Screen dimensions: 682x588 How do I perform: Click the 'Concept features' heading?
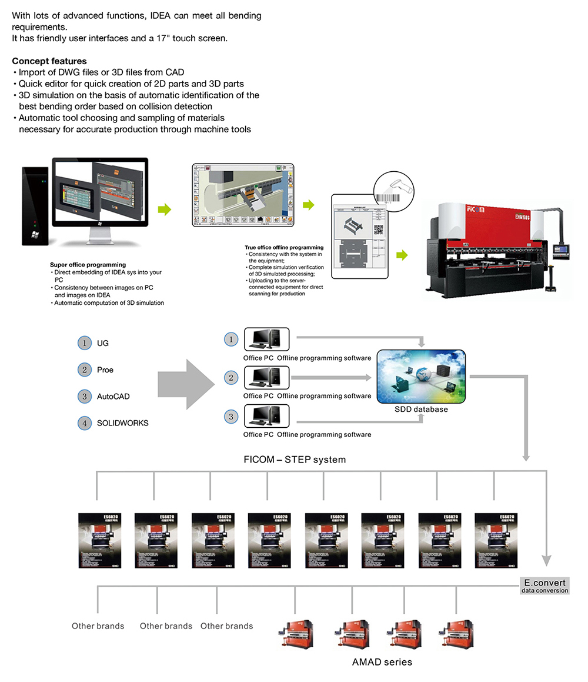click(x=49, y=61)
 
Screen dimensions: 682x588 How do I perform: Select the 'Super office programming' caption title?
click(x=88, y=265)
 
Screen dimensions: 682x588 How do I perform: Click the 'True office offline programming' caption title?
click(x=284, y=248)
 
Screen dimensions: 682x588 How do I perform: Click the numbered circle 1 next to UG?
click(x=85, y=343)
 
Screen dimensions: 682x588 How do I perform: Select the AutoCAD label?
click(x=113, y=397)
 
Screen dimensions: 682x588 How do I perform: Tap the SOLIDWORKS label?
click(x=123, y=423)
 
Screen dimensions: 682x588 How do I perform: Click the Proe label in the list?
click(x=105, y=370)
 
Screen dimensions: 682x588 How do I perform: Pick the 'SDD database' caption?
click(x=421, y=409)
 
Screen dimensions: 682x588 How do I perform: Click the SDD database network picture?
click(x=421, y=377)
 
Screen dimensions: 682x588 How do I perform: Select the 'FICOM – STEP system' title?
click(x=295, y=460)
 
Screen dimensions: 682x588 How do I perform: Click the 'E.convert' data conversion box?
click(x=544, y=585)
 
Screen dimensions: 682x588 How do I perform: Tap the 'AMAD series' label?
click(x=382, y=662)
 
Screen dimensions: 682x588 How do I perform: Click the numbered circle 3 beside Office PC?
click(x=232, y=417)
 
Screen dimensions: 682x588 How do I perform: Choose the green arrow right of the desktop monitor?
click(x=165, y=209)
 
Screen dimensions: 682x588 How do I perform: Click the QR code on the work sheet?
click(x=379, y=230)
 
